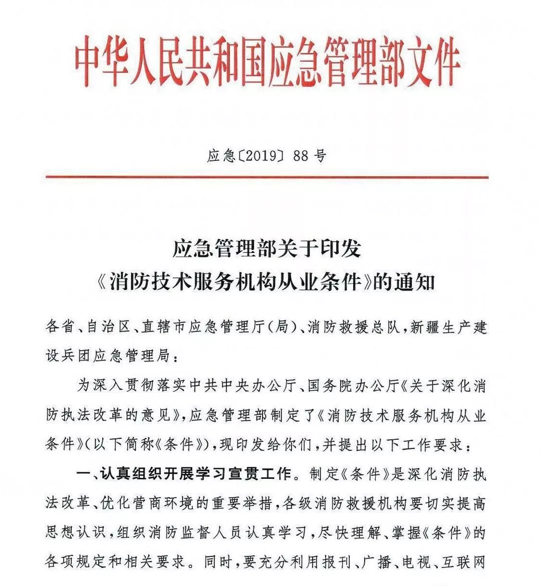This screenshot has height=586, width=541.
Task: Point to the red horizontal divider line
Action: pyautogui.click(x=267, y=177)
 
